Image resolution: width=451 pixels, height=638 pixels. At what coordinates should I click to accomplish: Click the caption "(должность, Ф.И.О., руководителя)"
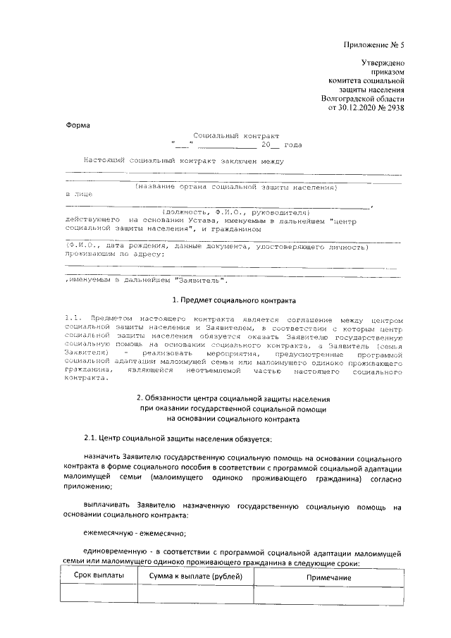(x=236, y=211)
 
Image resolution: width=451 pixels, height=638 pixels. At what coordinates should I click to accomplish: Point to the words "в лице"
(x=78, y=193)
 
